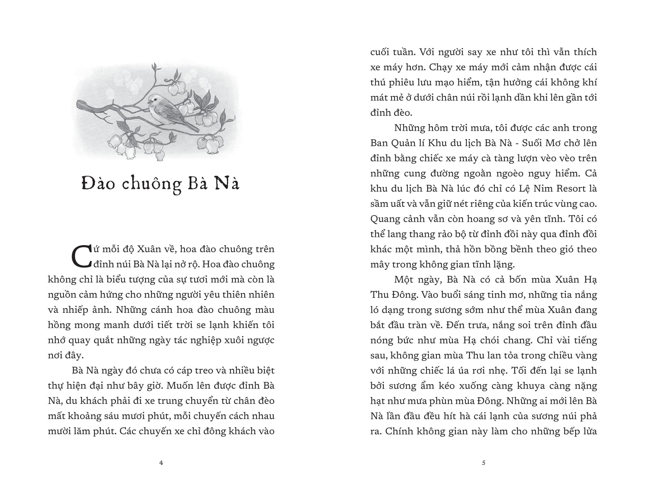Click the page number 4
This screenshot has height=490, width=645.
pyautogui.click(x=161, y=463)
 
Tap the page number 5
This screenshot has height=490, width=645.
pyautogui.click(x=484, y=463)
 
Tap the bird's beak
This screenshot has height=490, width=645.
pyautogui.click(x=148, y=102)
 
